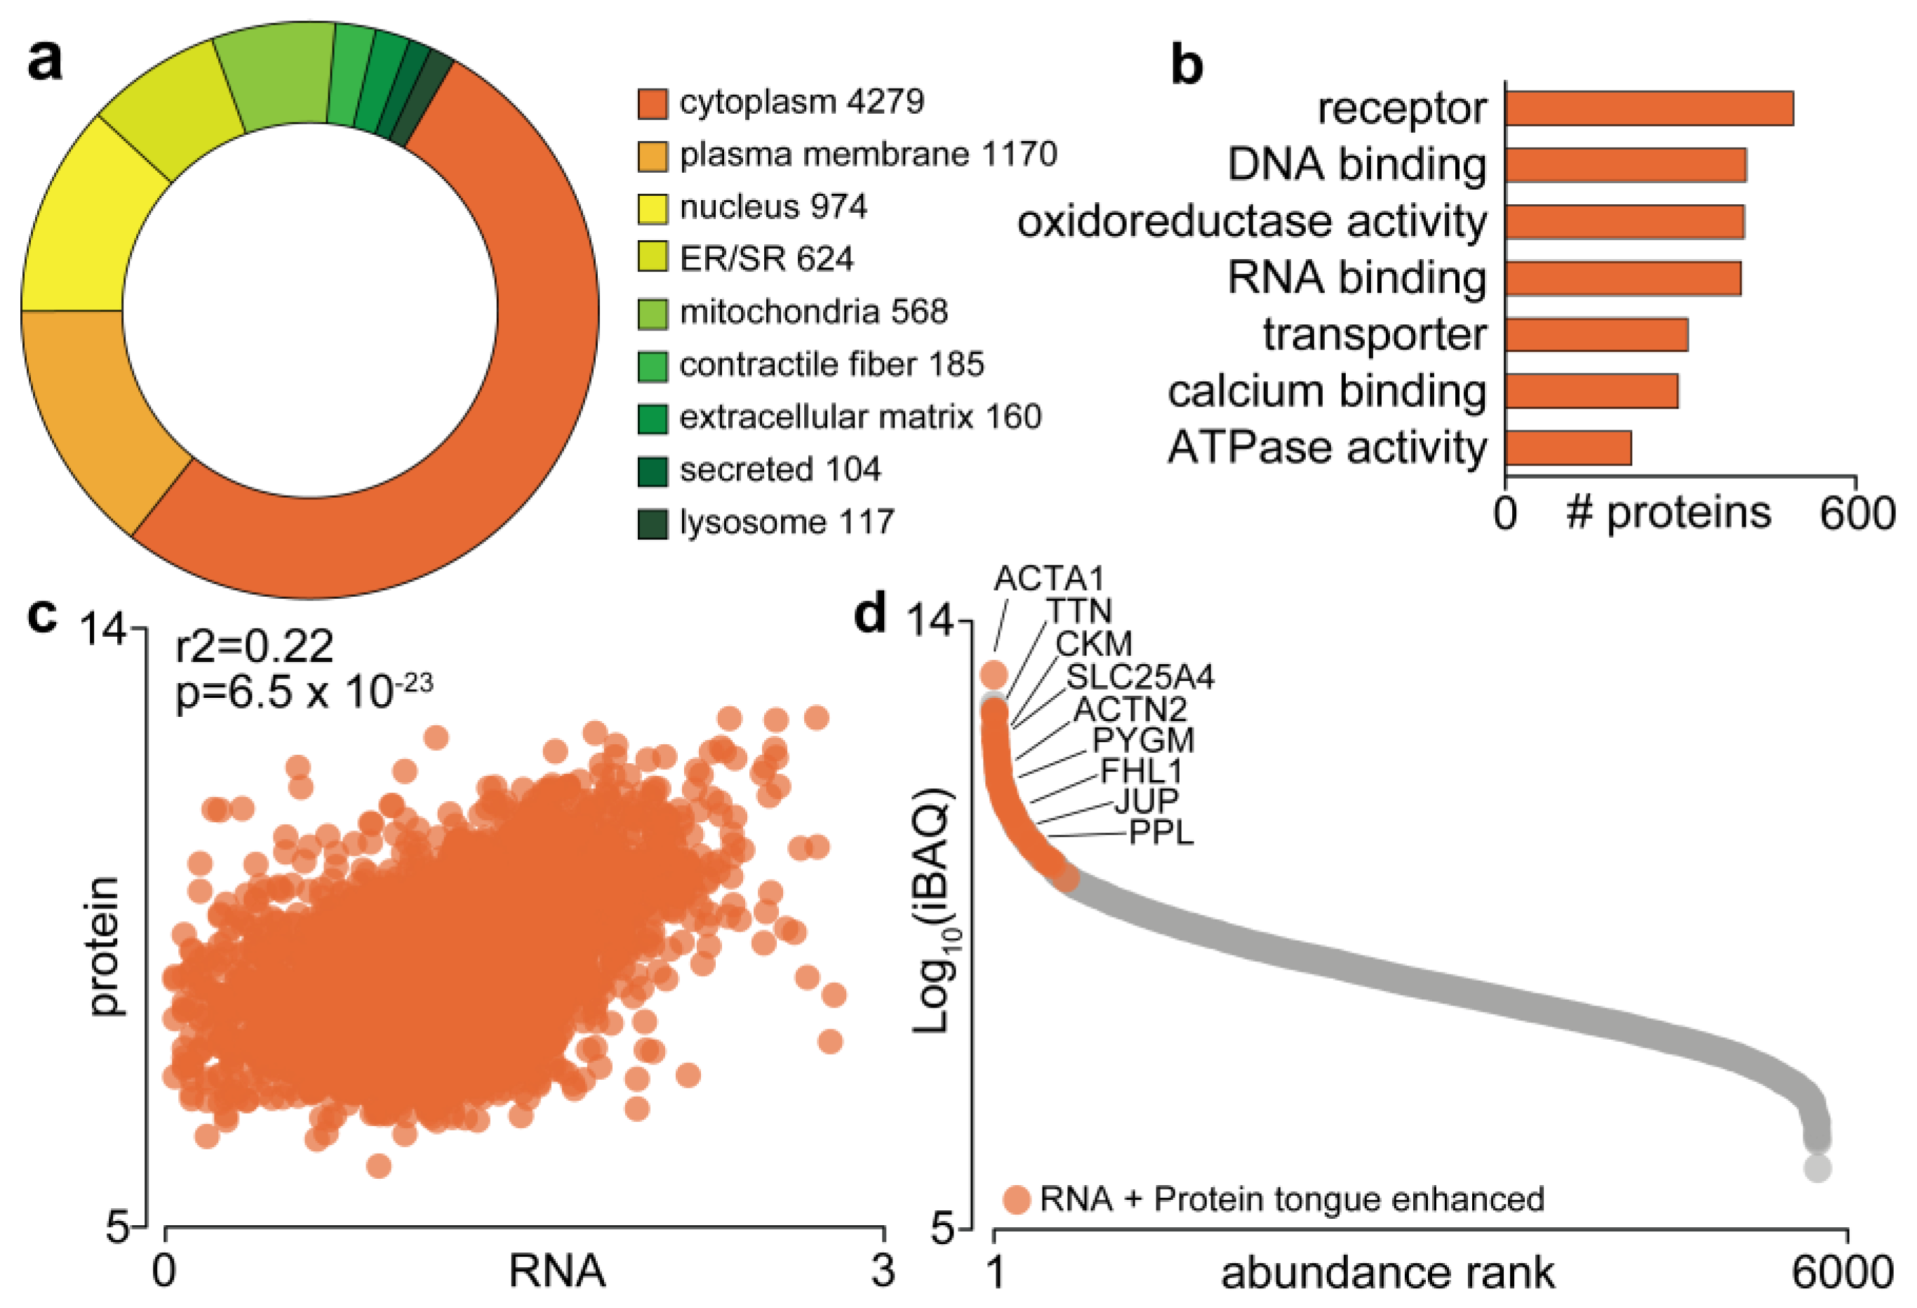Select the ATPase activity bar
coord(1568,448)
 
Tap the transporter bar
coord(1596,335)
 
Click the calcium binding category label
coord(1326,391)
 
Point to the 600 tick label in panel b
coord(1857,513)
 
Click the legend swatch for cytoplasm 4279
coord(652,104)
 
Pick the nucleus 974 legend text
coord(773,207)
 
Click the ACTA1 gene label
coord(1048,579)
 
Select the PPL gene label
coord(1161,833)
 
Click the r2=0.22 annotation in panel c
coord(254,646)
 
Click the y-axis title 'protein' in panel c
coord(105,946)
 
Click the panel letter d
coord(869,614)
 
